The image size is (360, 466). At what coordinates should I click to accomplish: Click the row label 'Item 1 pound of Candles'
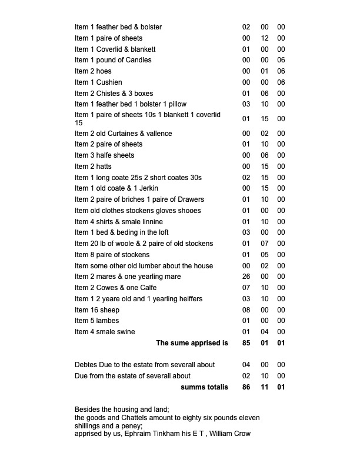[113, 60]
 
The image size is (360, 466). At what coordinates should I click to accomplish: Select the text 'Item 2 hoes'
[93, 71]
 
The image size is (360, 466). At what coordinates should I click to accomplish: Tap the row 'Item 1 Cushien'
[98, 82]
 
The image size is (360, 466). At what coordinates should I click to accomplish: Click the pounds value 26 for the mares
[246, 277]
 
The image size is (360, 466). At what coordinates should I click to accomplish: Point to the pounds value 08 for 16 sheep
[246, 310]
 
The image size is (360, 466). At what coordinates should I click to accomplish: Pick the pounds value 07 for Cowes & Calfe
[246, 288]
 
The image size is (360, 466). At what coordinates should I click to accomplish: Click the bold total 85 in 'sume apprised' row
[246, 343]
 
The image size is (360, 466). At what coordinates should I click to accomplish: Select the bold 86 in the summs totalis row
[246, 388]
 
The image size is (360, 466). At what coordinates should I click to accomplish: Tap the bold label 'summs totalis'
[204, 388]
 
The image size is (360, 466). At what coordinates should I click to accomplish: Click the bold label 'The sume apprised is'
[192, 343]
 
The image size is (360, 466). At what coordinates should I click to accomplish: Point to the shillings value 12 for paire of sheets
[264, 38]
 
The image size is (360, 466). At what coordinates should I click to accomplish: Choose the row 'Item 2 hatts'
[93, 167]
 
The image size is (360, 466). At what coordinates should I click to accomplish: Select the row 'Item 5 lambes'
[96, 321]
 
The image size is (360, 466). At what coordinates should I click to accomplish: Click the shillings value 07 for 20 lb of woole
[264, 244]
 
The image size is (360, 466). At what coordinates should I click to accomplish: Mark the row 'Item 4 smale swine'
[105, 332]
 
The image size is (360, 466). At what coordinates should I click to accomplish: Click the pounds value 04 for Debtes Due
[246, 365]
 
